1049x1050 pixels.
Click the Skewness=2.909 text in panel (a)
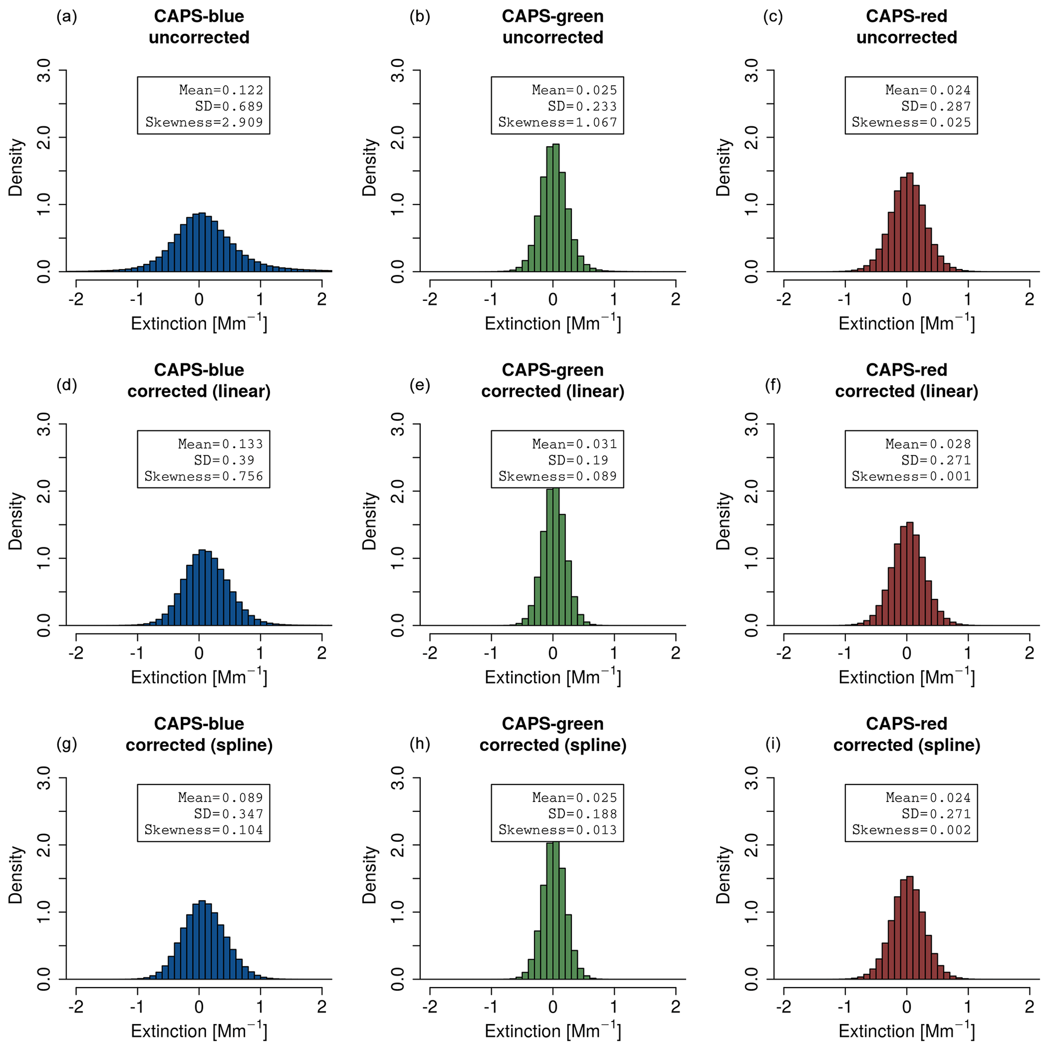click(x=204, y=122)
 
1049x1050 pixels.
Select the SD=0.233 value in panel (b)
click(x=582, y=106)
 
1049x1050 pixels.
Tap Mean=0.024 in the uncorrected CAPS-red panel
click(x=928, y=90)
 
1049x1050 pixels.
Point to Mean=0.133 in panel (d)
click(x=220, y=444)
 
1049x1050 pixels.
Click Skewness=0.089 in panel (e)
click(x=558, y=476)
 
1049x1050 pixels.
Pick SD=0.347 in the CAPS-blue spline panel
click(x=228, y=814)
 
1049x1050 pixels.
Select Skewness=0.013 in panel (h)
click(x=558, y=830)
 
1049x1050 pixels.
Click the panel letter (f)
click(x=773, y=385)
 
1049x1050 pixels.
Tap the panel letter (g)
click(x=66, y=744)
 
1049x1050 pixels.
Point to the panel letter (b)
click(x=420, y=16)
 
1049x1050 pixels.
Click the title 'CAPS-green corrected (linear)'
click(x=553, y=381)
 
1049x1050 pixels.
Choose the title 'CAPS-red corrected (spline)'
click(x=906, y=734)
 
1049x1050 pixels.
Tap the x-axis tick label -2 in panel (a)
click(x=76, y=299)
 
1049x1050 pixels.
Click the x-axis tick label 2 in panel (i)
click(x=1029, y=1007)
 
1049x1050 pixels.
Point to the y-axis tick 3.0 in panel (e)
click(x=398, y=424)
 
